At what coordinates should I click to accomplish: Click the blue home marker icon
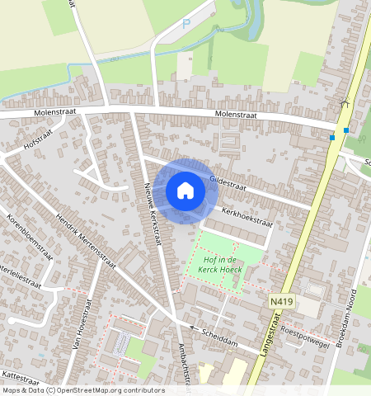coord(185,191)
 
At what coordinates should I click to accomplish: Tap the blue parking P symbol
coord(186,25)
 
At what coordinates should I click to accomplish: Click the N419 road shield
coord(281,304)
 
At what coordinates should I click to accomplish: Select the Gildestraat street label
coord(229,181)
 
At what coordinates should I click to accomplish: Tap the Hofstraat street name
coord(38,142)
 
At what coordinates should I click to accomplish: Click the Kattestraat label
coord(20,379)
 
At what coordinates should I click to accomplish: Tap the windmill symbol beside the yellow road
coord(345,104)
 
